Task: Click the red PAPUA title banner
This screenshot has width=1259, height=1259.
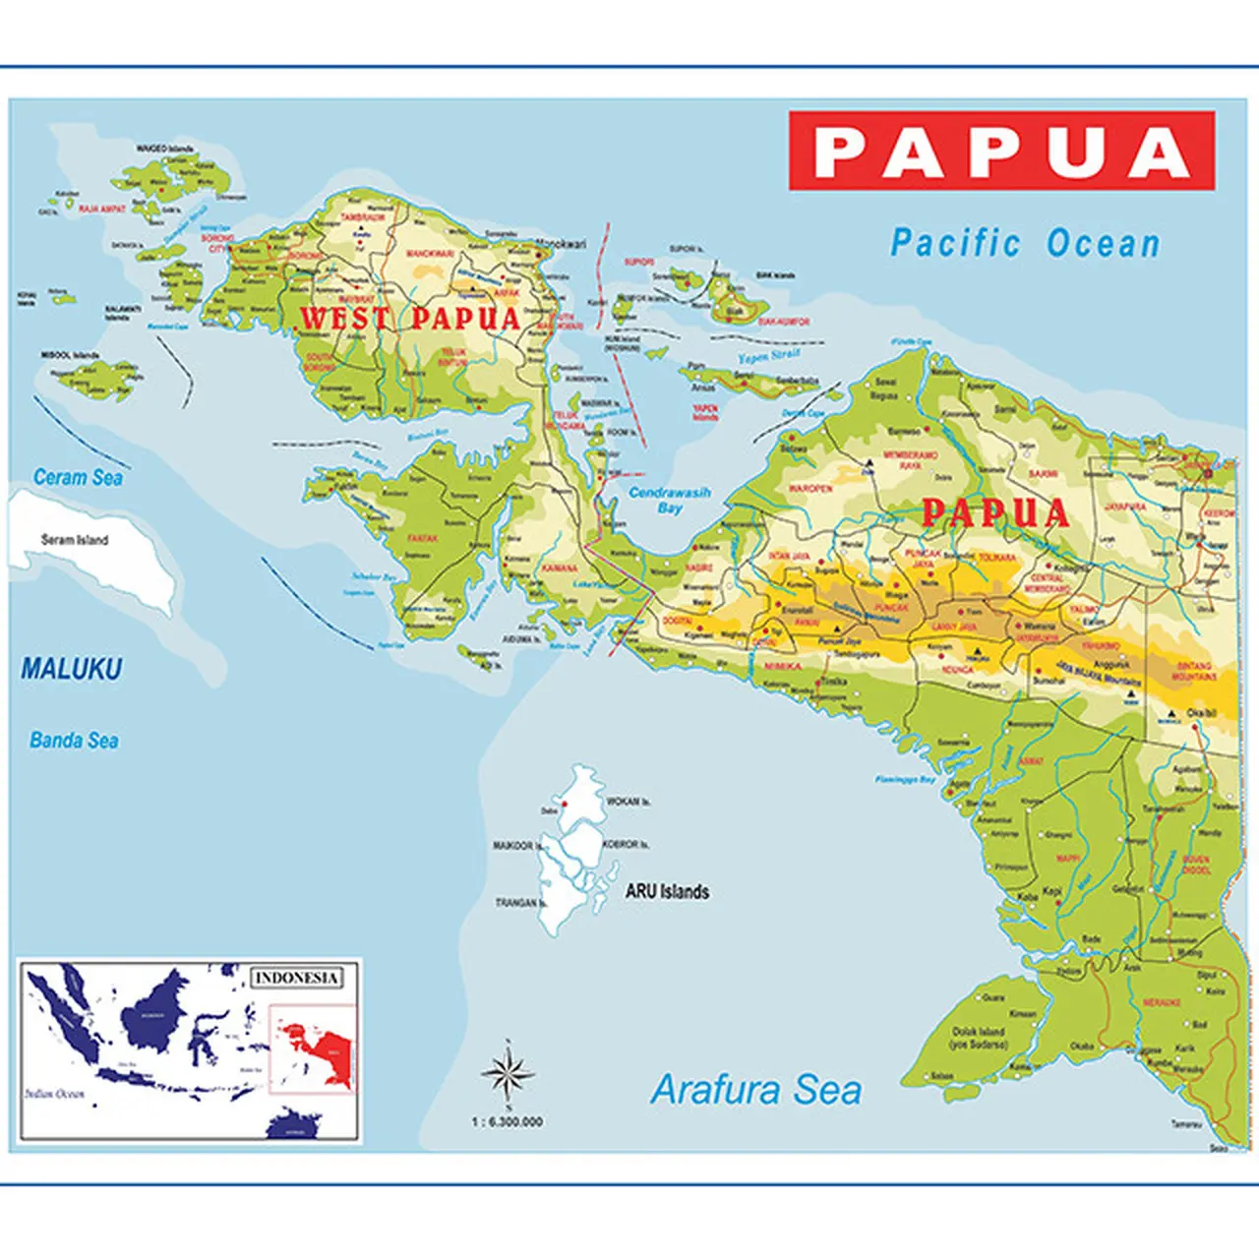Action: (x=1001, y=151)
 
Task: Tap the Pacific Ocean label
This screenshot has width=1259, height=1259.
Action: (x=1025, y=244)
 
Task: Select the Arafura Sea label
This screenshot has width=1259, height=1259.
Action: (x=755, y=1090)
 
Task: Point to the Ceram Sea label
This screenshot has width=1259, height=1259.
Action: (x=78, y=478)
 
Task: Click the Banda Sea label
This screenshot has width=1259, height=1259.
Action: (x=74, y=741)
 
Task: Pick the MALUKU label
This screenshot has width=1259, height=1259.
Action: (x=72, y=670)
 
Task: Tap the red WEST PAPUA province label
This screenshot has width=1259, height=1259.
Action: (x=409, y=319)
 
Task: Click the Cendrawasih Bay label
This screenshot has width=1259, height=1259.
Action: (x=670, y=500)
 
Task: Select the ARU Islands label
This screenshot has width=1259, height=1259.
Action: (x=667, y=892)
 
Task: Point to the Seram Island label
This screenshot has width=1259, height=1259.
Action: (x=75, y=540)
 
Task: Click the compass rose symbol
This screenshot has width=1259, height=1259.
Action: (x=508, y=1073)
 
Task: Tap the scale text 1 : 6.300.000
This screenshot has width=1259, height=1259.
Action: (x=507, y=1121)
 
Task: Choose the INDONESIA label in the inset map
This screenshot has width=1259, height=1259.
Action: (x=297, y=978)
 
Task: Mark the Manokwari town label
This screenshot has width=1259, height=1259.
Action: (x=560, y=244)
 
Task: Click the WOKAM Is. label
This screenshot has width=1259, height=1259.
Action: (x=628, y=802)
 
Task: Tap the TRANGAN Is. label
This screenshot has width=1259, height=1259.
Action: (x=520, y=902)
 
